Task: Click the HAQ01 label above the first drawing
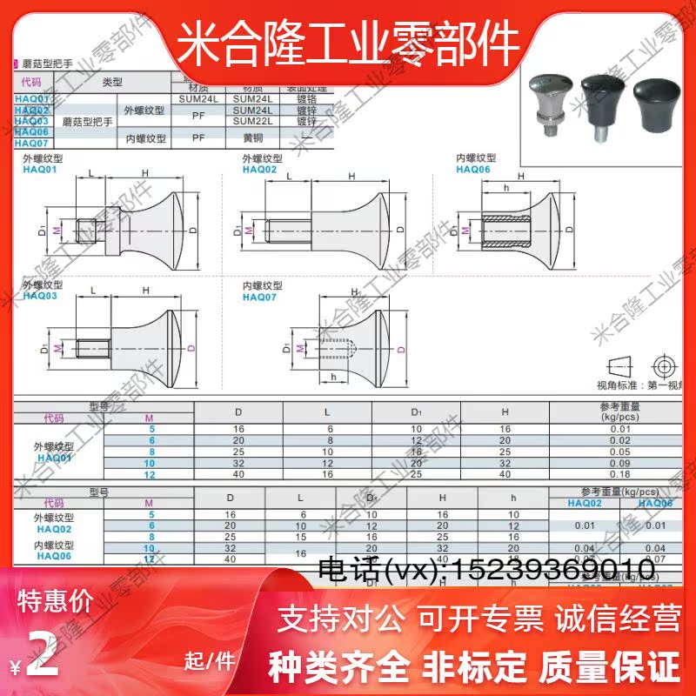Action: coord(39,171)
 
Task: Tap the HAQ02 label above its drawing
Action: coord(259,171)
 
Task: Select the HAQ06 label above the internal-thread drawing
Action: coord(473,171)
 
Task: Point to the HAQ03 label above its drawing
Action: coord(40,296)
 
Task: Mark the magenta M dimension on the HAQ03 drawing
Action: coord(57,348)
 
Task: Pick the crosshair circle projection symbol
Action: coord(666,364)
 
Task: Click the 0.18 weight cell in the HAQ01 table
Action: coord(620,475)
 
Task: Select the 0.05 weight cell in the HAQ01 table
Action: coord(620,452)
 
